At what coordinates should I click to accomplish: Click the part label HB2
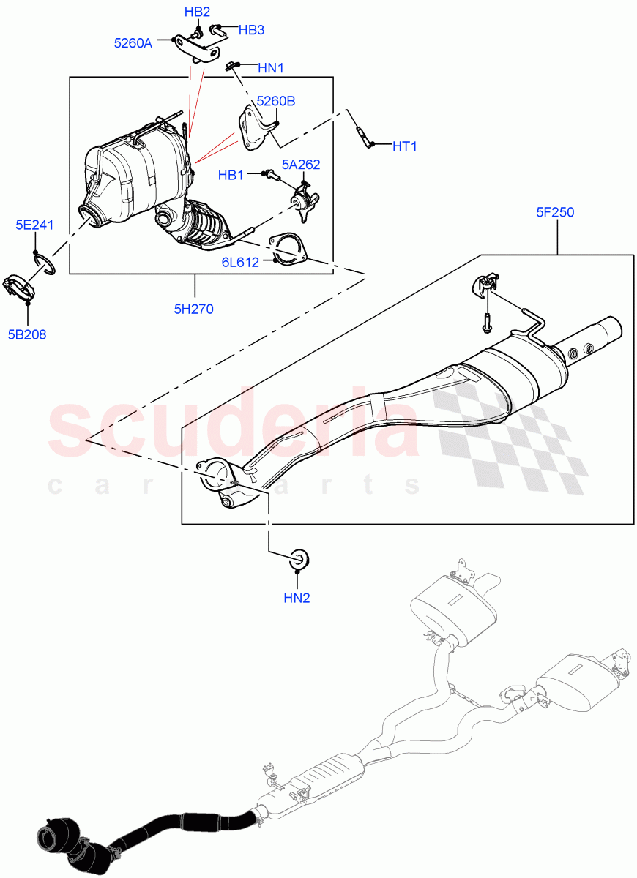coord(197,12)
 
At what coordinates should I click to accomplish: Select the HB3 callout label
coord(251,30)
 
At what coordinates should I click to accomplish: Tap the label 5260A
coord(133,43)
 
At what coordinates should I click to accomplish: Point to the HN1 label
coord(271,68)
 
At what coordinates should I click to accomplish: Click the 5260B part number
coord(275,101)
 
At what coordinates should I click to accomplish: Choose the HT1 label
coord(404,146)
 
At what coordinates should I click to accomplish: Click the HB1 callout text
coord(231,175)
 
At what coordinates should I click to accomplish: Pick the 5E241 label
coord(35,225)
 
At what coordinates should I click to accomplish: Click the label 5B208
coord(27,335)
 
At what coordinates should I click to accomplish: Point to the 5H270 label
coord(194,309)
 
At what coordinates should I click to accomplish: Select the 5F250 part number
coord(554,213)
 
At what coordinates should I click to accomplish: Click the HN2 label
coord(297,598)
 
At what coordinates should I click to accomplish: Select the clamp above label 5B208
coord(18,288)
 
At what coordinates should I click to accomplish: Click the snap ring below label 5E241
coord(45,263)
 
